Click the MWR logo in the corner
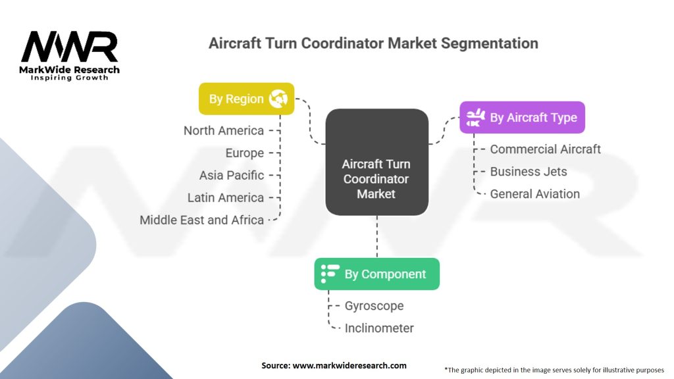coord(70,47)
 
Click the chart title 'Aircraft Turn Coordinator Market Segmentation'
coord(373,43)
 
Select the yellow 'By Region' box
coord(246,99)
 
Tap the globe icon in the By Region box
coord(278,99)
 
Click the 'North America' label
coord(224,130)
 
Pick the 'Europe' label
coord(244,153)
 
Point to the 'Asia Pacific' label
coord(232,175)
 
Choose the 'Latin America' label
coord(225,197)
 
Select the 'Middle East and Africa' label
coord(201,220)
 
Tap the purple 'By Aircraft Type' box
coord(522,118)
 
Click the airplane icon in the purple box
coord(475,118)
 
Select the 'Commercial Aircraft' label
coord(545,149)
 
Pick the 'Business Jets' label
coord(528,172)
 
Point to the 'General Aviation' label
coord(534,194)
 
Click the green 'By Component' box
coord(376,274)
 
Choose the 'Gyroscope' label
coord(374,306)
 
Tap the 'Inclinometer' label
coord(379,328)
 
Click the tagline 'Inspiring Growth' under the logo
coord(70,78)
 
